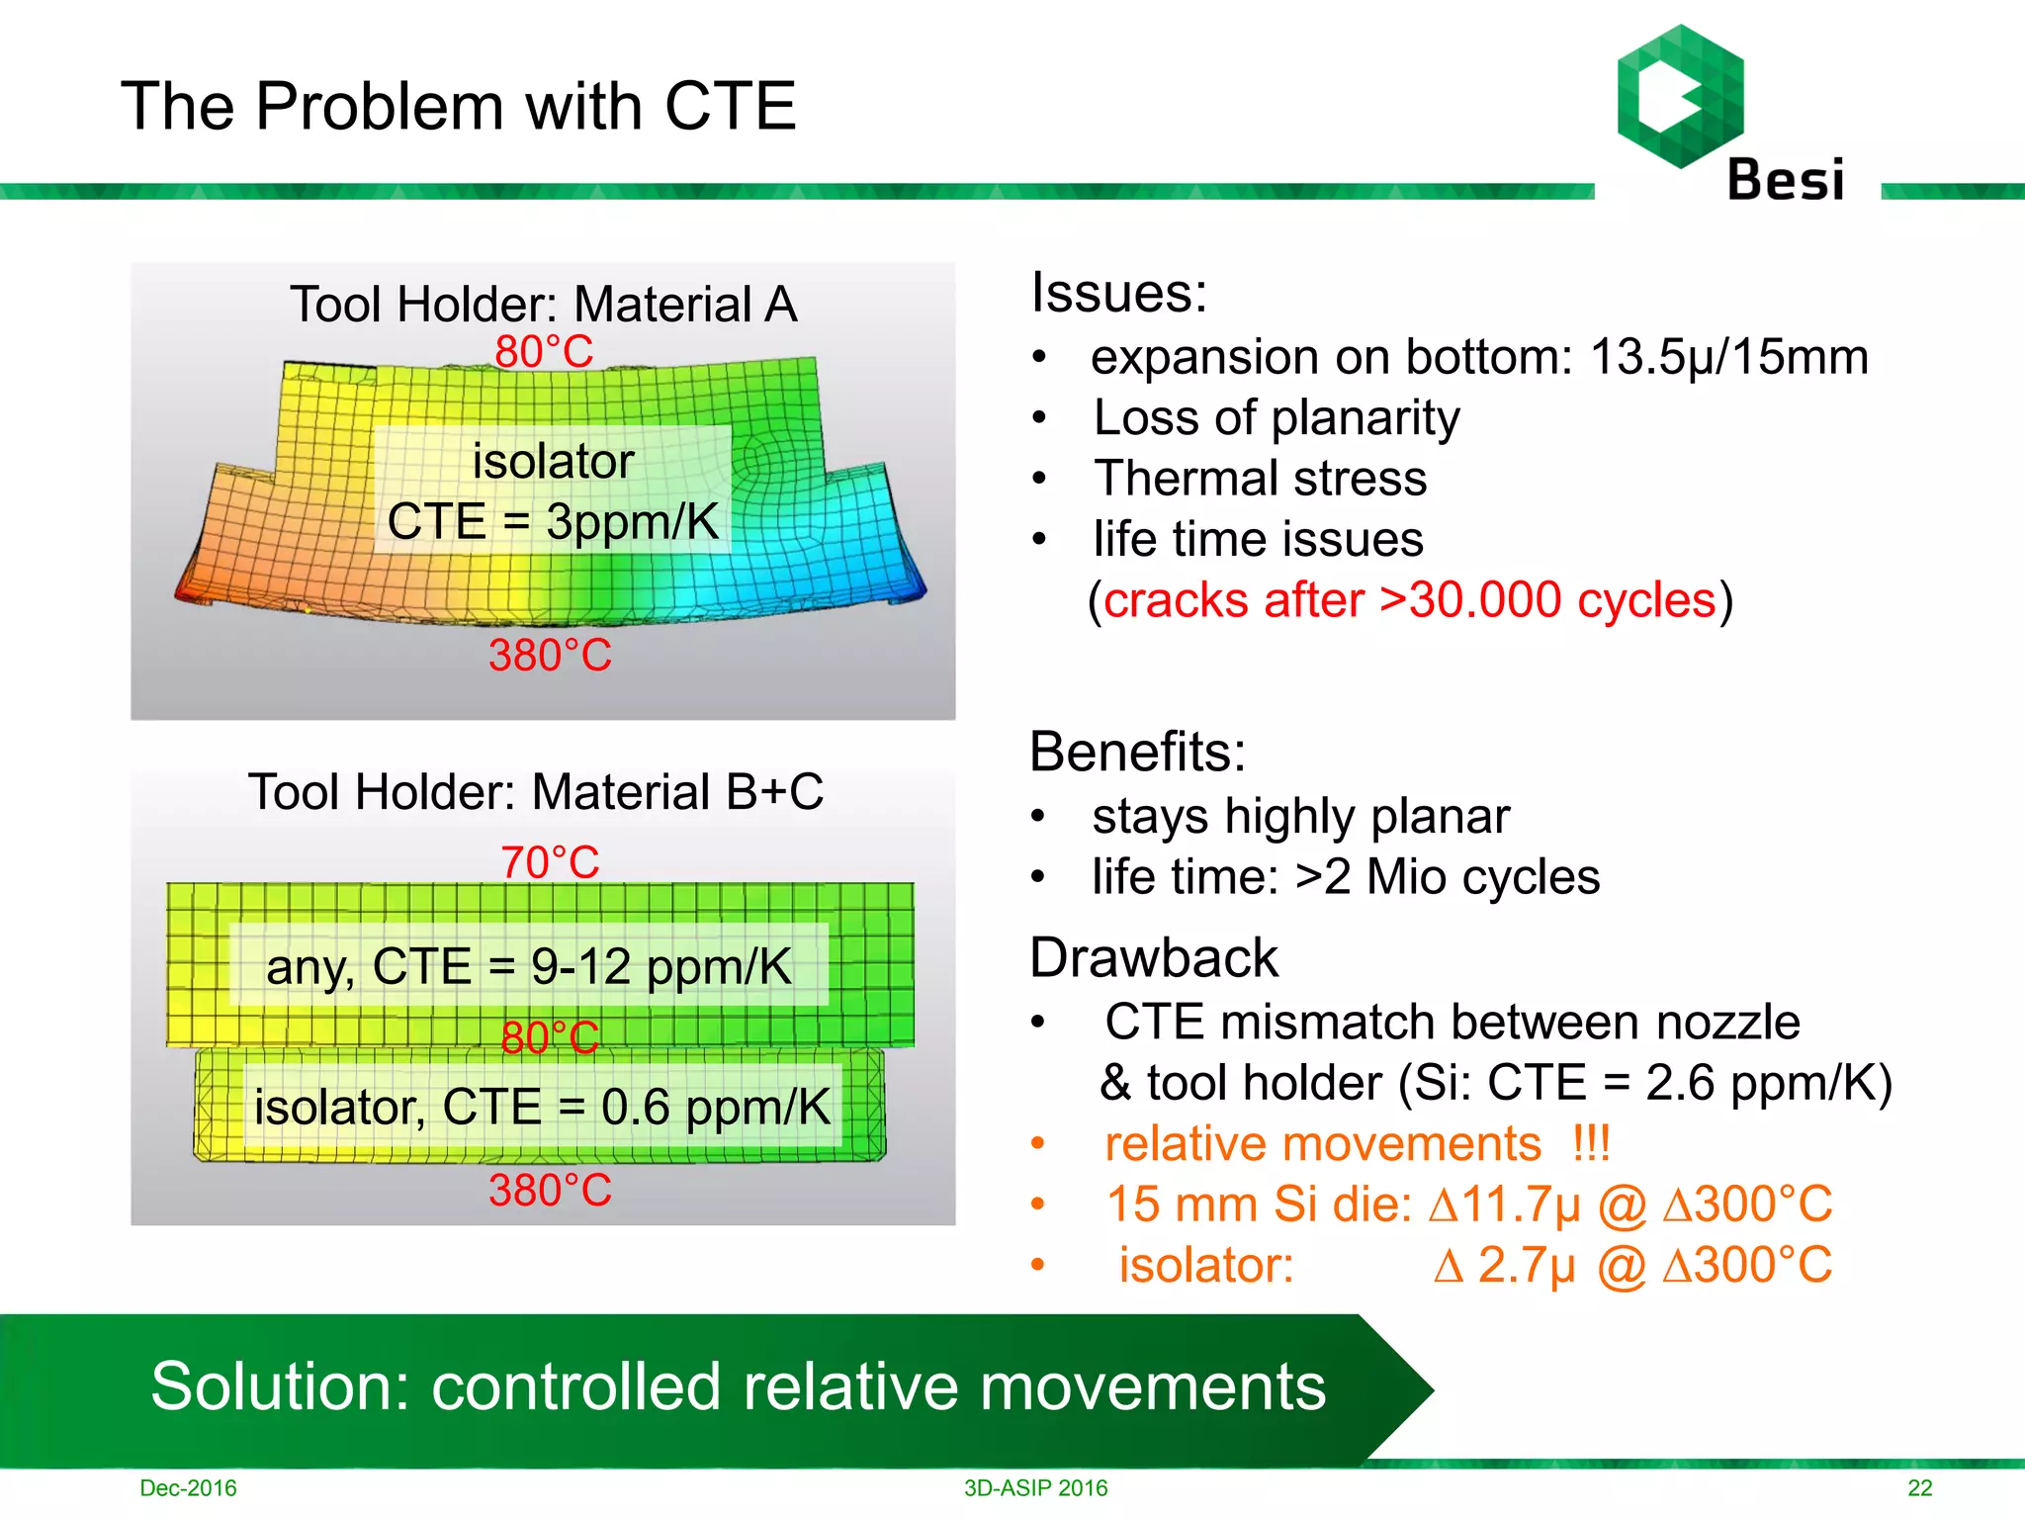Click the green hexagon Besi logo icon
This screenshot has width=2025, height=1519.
[x=1680, y=96]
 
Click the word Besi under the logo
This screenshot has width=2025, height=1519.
[x=1785, y=181]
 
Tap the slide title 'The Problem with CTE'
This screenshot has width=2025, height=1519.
[x=458, y=106]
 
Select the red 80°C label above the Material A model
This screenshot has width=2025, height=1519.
[x=544, y=351]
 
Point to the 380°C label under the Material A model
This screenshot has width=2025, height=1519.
[x=550, y=655]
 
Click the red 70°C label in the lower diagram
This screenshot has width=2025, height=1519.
[x=550, y=861]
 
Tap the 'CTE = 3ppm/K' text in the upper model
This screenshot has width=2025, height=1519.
[x=553, y=521]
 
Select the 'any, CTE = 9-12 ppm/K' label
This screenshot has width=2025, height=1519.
[x=529, y=966]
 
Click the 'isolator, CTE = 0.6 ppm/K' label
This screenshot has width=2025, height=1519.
[x=542, y=1107]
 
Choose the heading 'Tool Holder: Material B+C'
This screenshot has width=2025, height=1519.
[x=535, y=791]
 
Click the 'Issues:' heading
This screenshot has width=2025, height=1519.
[x=1118, y=293]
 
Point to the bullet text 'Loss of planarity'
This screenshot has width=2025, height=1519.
[x=1276, y=417]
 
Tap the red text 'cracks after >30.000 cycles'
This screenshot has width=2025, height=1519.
[x=1409, y=600]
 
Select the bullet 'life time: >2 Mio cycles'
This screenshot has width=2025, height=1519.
[x=1345, y=877]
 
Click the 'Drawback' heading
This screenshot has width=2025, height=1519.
[x=1153, y=957]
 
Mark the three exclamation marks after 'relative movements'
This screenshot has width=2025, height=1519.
[x=1591, y=1143]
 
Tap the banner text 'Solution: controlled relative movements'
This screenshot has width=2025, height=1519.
[x=738, y=1386]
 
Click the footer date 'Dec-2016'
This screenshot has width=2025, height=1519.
[x=188, y=1487]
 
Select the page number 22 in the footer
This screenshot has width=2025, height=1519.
[x=1919, y=1487]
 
